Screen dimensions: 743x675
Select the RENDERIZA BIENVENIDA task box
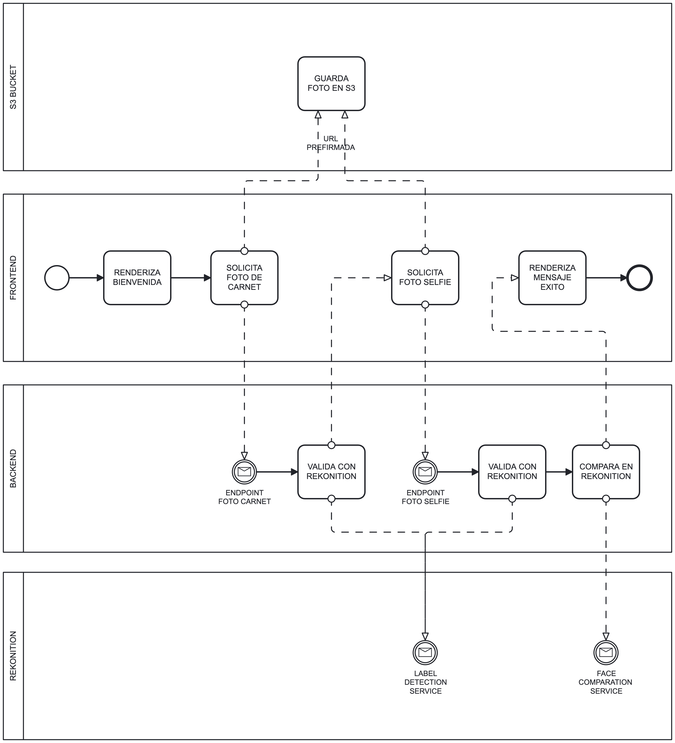coord(137,278)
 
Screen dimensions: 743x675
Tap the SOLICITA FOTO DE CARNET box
coord(244,278)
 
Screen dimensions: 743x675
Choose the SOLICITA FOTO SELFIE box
coord(425,278)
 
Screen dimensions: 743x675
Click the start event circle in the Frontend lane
coord(57,278)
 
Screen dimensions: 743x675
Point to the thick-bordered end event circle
coord(639,278)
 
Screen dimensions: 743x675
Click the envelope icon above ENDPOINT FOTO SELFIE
coord(425,472)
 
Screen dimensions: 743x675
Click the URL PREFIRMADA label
coord(330,143)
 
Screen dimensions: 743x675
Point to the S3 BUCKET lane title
coord(13,87)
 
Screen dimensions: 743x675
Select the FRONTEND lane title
coord(13,278)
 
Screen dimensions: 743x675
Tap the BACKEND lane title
coord(13,468)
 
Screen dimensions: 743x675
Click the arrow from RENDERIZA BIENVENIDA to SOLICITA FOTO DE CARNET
coord(190,278)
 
